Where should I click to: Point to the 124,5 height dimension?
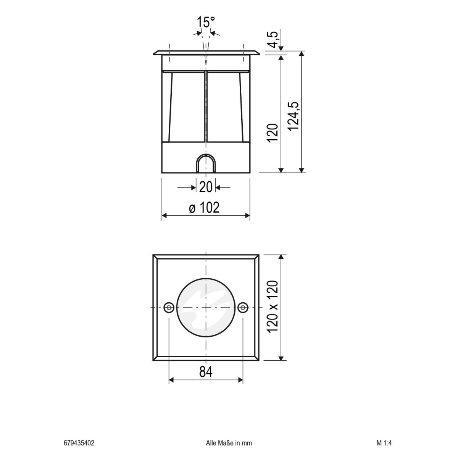coord(294,116)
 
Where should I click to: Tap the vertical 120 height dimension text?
coord(273,133)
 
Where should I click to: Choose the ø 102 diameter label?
coord(205,208)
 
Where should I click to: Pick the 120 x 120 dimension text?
coord(273,306)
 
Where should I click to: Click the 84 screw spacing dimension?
coord(205,371)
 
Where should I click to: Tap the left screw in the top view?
coord(169,307)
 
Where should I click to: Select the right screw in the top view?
coord(243,307)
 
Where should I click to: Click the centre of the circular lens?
coord(206,307)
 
